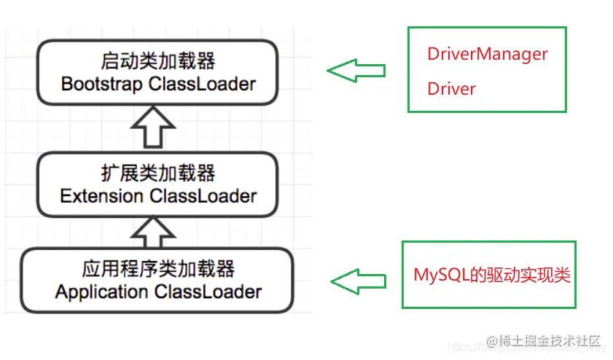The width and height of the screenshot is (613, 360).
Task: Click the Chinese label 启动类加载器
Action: [158, 60]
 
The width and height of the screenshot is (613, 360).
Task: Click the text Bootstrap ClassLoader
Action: [158, 84]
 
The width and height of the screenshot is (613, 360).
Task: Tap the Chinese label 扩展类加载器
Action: [158, 173]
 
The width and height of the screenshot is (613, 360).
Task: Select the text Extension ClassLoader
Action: [158, 196]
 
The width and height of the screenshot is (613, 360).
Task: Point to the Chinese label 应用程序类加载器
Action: [158, 269]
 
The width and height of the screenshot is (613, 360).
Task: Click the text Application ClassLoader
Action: [158, 292]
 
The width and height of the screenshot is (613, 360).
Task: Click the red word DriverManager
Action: [487, 54]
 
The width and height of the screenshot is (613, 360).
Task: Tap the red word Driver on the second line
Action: [451, 89]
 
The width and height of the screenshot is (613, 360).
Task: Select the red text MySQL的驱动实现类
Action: [492, 275]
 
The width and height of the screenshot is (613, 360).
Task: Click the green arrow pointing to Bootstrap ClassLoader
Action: [356, 71]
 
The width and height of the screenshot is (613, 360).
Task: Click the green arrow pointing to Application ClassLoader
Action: [358, 281]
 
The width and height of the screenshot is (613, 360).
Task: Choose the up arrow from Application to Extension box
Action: [152, 232]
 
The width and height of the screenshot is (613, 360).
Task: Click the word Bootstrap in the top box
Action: [101, 84]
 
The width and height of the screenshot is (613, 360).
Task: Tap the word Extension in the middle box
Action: [101, 196]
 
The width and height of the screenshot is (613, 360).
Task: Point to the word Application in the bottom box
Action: [101, 292]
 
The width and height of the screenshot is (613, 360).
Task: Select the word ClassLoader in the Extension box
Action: [203, 196]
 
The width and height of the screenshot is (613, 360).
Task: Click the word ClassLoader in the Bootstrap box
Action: [202, 84]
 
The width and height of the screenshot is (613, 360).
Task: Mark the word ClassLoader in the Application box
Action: [208, 292]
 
